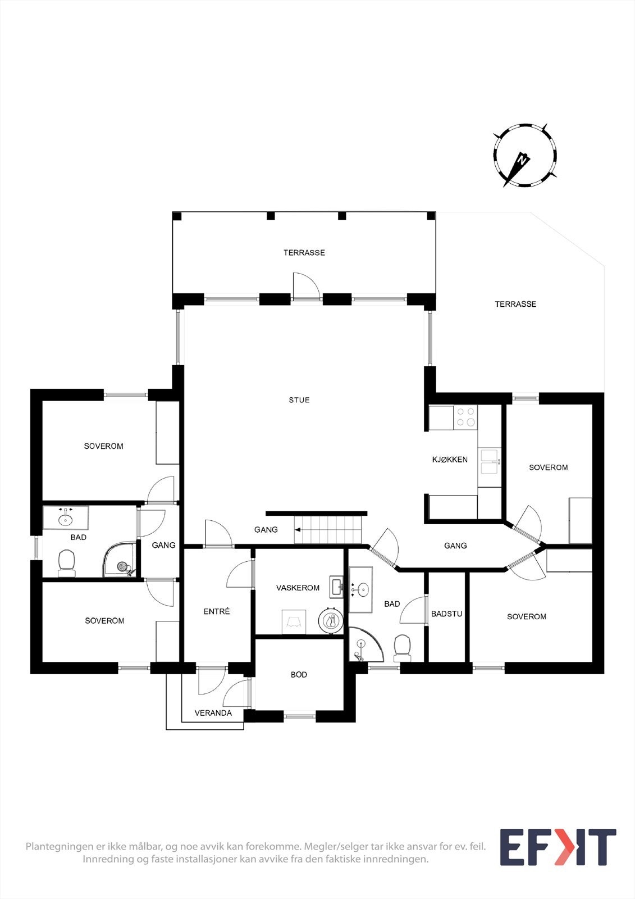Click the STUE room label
(x=299, y=400)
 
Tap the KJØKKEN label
(x=450, y=460)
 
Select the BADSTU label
(x=447, y=614)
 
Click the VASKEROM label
(x=298, y=588)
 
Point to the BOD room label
(x=299, y=674)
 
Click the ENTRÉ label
(x=217, y=611)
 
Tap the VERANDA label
(x=213, y=713)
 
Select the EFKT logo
(x=558, y=847)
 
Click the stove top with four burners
(x=465, y=417)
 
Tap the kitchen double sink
(x=489, y=467)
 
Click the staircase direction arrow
(x=298, y=529)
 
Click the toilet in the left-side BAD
(x=67, y=562)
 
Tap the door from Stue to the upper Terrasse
(x=307, y=287)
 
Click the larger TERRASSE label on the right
(x=515, y=304)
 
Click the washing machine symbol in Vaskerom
(x=294, y=622)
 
